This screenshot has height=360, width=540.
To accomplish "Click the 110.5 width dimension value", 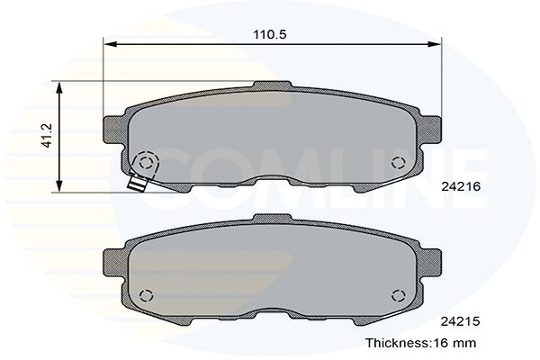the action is coord(270,34).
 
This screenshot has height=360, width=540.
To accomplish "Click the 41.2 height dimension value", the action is coord(47,136).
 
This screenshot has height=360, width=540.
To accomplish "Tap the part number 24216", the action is coord(461,186).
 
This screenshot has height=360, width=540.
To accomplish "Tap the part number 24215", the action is coord(461,321).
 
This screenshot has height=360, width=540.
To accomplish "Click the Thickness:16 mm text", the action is coord(421,343).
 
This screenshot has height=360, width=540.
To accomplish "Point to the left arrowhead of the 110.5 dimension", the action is coord(111,44).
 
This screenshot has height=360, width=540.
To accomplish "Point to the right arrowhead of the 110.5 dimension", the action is coord(434,44).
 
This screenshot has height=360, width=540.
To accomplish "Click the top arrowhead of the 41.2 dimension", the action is coord(59,88).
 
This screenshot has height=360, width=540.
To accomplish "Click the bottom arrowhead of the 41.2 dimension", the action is coord(59,185).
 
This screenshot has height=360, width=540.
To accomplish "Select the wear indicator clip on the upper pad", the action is coord(137,182).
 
